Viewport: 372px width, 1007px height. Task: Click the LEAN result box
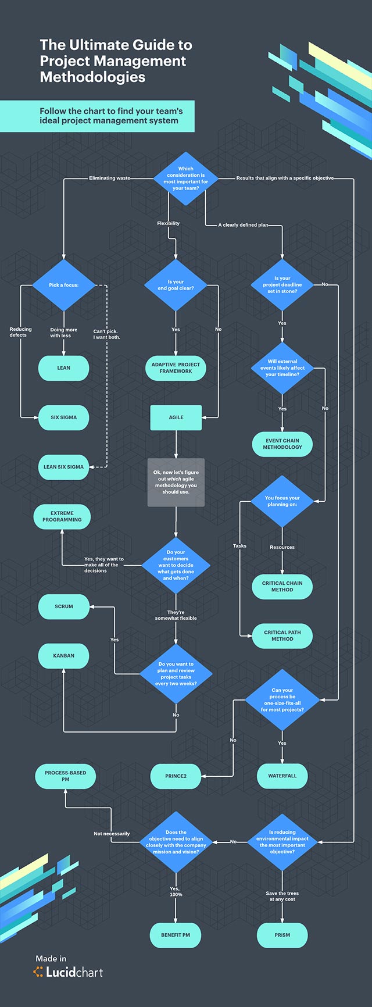point(63,368)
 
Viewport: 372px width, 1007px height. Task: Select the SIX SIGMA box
point(63,417)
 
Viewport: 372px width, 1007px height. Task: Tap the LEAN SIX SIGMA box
point(63,467)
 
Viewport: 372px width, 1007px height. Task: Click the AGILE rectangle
point(176,417)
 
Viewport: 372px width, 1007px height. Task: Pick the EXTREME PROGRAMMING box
point(62,517)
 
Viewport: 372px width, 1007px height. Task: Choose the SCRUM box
point(64,606)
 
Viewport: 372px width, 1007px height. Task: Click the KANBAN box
point(63,656)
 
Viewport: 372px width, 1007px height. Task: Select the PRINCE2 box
point(176,776)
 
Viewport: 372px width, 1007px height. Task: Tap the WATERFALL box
point(282,776)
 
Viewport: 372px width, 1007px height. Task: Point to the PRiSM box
point(282,935)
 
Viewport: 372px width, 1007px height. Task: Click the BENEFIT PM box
point(176,935)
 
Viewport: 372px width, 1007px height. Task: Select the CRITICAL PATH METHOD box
point(282,636)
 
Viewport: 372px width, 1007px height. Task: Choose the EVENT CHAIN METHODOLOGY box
point(282,444)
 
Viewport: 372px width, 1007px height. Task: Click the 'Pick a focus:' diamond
point(63,285)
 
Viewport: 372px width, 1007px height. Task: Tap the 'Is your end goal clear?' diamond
point(176,285)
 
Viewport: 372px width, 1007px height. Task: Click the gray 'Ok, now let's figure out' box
point(176,483)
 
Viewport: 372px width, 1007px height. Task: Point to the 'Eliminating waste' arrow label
point(109,178)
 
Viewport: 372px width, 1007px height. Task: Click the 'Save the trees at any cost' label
point(282,896)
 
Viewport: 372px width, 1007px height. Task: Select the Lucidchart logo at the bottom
point(69,972)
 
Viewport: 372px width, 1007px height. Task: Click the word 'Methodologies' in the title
point(92,77)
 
